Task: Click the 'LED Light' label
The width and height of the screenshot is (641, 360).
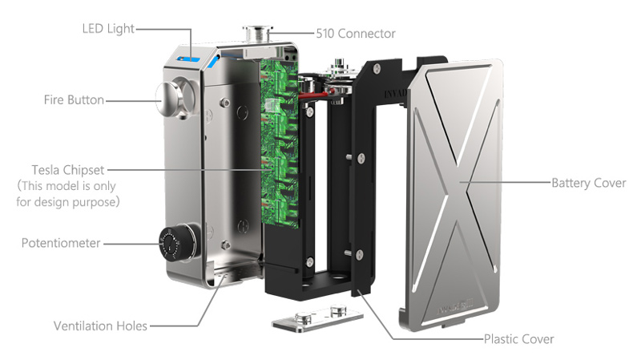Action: click(108, 29)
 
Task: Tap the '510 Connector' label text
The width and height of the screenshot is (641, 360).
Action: click(356, 34)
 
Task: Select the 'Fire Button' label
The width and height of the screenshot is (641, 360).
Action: click(74, 99)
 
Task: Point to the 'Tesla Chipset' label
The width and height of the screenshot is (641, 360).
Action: click(68, 170)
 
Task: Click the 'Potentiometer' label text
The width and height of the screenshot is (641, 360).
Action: click(61, 243)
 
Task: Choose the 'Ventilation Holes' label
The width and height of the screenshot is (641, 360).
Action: click(101, 326)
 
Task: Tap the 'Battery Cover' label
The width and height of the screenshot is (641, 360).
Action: click(589, 183)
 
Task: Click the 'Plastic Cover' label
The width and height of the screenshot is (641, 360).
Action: click(519, 339)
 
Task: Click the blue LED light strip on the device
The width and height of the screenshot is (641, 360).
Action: click(188, 59)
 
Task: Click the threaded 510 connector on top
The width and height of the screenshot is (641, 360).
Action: click(257, 33)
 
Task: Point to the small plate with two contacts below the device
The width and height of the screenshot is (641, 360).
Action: click(317, 318)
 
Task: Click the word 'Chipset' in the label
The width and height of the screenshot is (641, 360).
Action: click(83, 170)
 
